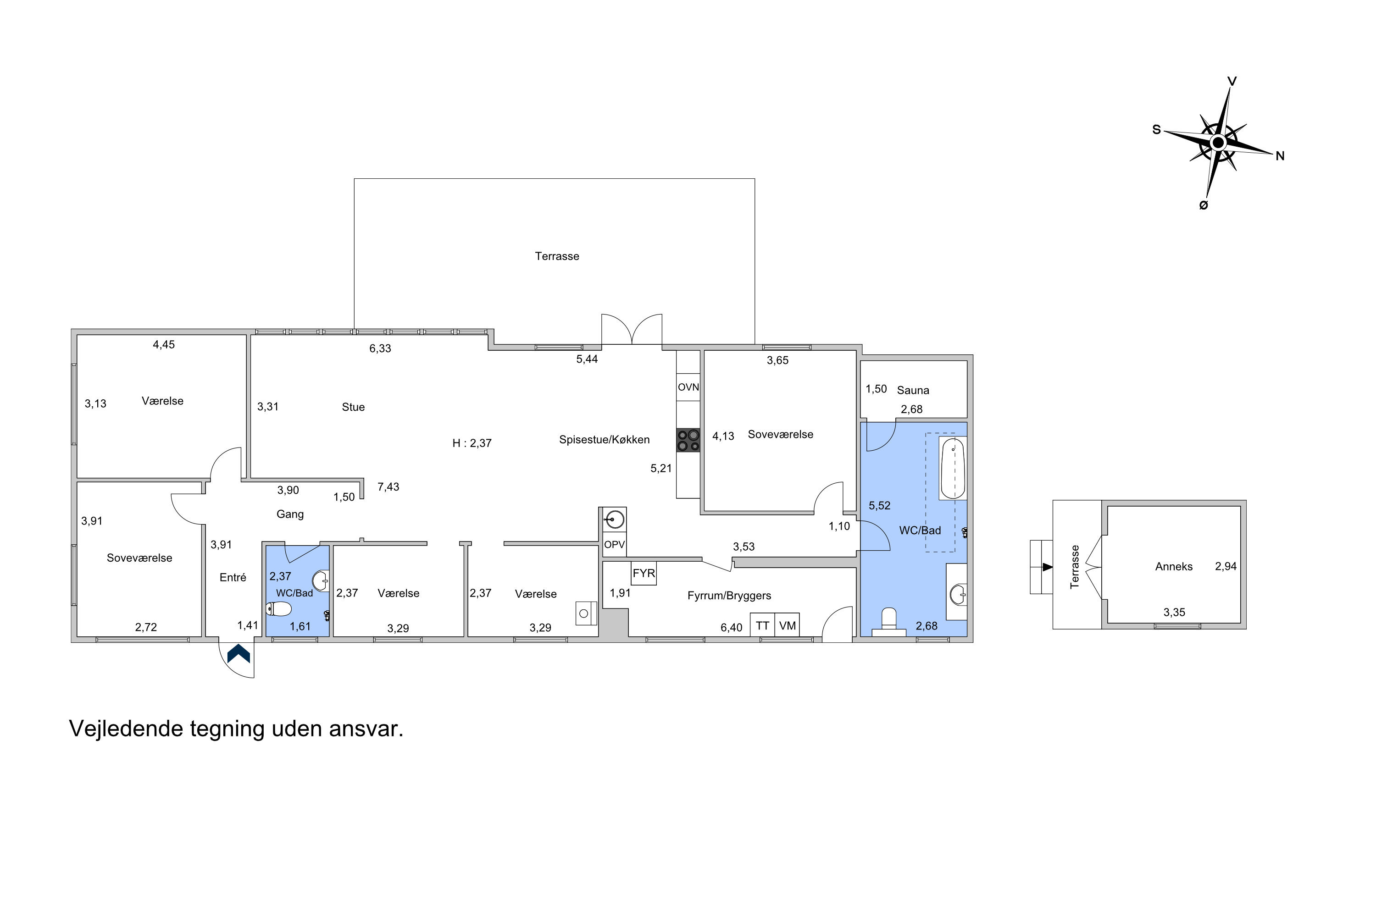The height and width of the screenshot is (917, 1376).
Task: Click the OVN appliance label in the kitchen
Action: (688, 387)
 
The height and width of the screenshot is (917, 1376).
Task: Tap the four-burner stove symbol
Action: (688, 440)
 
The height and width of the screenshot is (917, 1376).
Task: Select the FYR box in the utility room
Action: (644, 573)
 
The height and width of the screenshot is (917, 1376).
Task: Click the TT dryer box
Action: (762, 626)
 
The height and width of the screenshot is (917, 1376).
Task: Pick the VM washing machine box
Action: (788, 626)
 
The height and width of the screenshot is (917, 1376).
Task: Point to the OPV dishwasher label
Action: (614, 545)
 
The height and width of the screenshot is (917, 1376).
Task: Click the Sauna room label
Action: (913, 390)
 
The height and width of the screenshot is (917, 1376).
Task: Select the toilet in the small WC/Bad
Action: (278, 609)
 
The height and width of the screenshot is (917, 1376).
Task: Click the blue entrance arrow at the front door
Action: (239, 654)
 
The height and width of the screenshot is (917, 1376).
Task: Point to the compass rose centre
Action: (1218, 143)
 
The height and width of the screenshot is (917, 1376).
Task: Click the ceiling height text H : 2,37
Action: (472, 443)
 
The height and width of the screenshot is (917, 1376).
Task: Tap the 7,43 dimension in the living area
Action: (388, 486)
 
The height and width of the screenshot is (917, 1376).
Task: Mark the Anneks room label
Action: (1174, 566)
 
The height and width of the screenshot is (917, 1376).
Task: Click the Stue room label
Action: (353, 407)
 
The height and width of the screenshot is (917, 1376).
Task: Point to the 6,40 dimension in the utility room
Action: (731, 628)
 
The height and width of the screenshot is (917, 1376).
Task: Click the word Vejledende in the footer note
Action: (127, 729)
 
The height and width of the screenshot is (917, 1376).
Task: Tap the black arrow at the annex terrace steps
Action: (1048, 567)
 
